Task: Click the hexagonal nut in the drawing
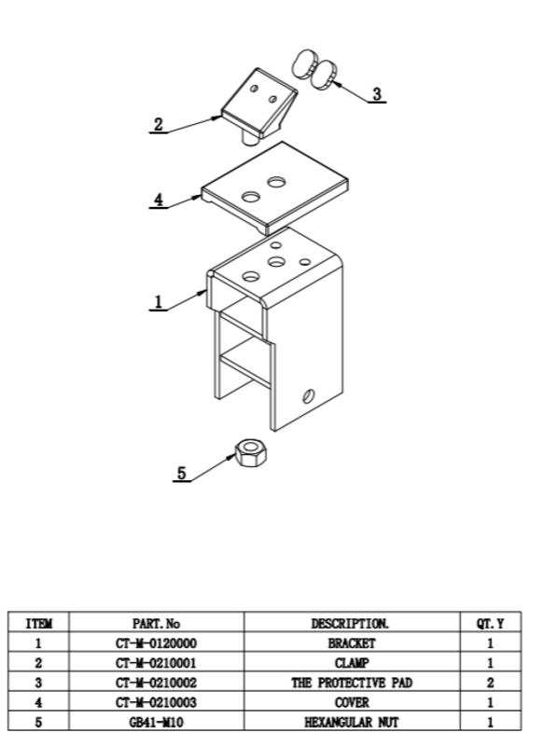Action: tap(251, 452)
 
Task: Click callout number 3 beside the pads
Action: tap(377, 94)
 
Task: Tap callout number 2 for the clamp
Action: tap(159, 124)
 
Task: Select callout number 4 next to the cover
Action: tap(159, 200)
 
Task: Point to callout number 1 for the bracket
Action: tap(159, 301)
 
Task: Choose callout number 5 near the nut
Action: tap(182, 474)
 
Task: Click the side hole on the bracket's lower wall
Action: tap(309, 395)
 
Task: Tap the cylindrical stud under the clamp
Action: tap(249, 137)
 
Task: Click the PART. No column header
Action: tap(156, 623)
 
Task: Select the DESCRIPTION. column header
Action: tap(350, 623)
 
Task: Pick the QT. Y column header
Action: tap(490, 623)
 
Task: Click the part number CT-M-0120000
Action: tap(156, 643)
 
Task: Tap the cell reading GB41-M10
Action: tap(156, 722)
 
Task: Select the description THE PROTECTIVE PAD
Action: tap(352, 683)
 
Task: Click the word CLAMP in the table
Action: tap(352, 663)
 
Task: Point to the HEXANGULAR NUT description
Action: tap(352, 722)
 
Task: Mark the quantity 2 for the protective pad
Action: tap(490, 683)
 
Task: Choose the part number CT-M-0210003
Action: tap(156, 702)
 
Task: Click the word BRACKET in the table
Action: tap(352, 643)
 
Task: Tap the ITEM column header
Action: tap(38, 623)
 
